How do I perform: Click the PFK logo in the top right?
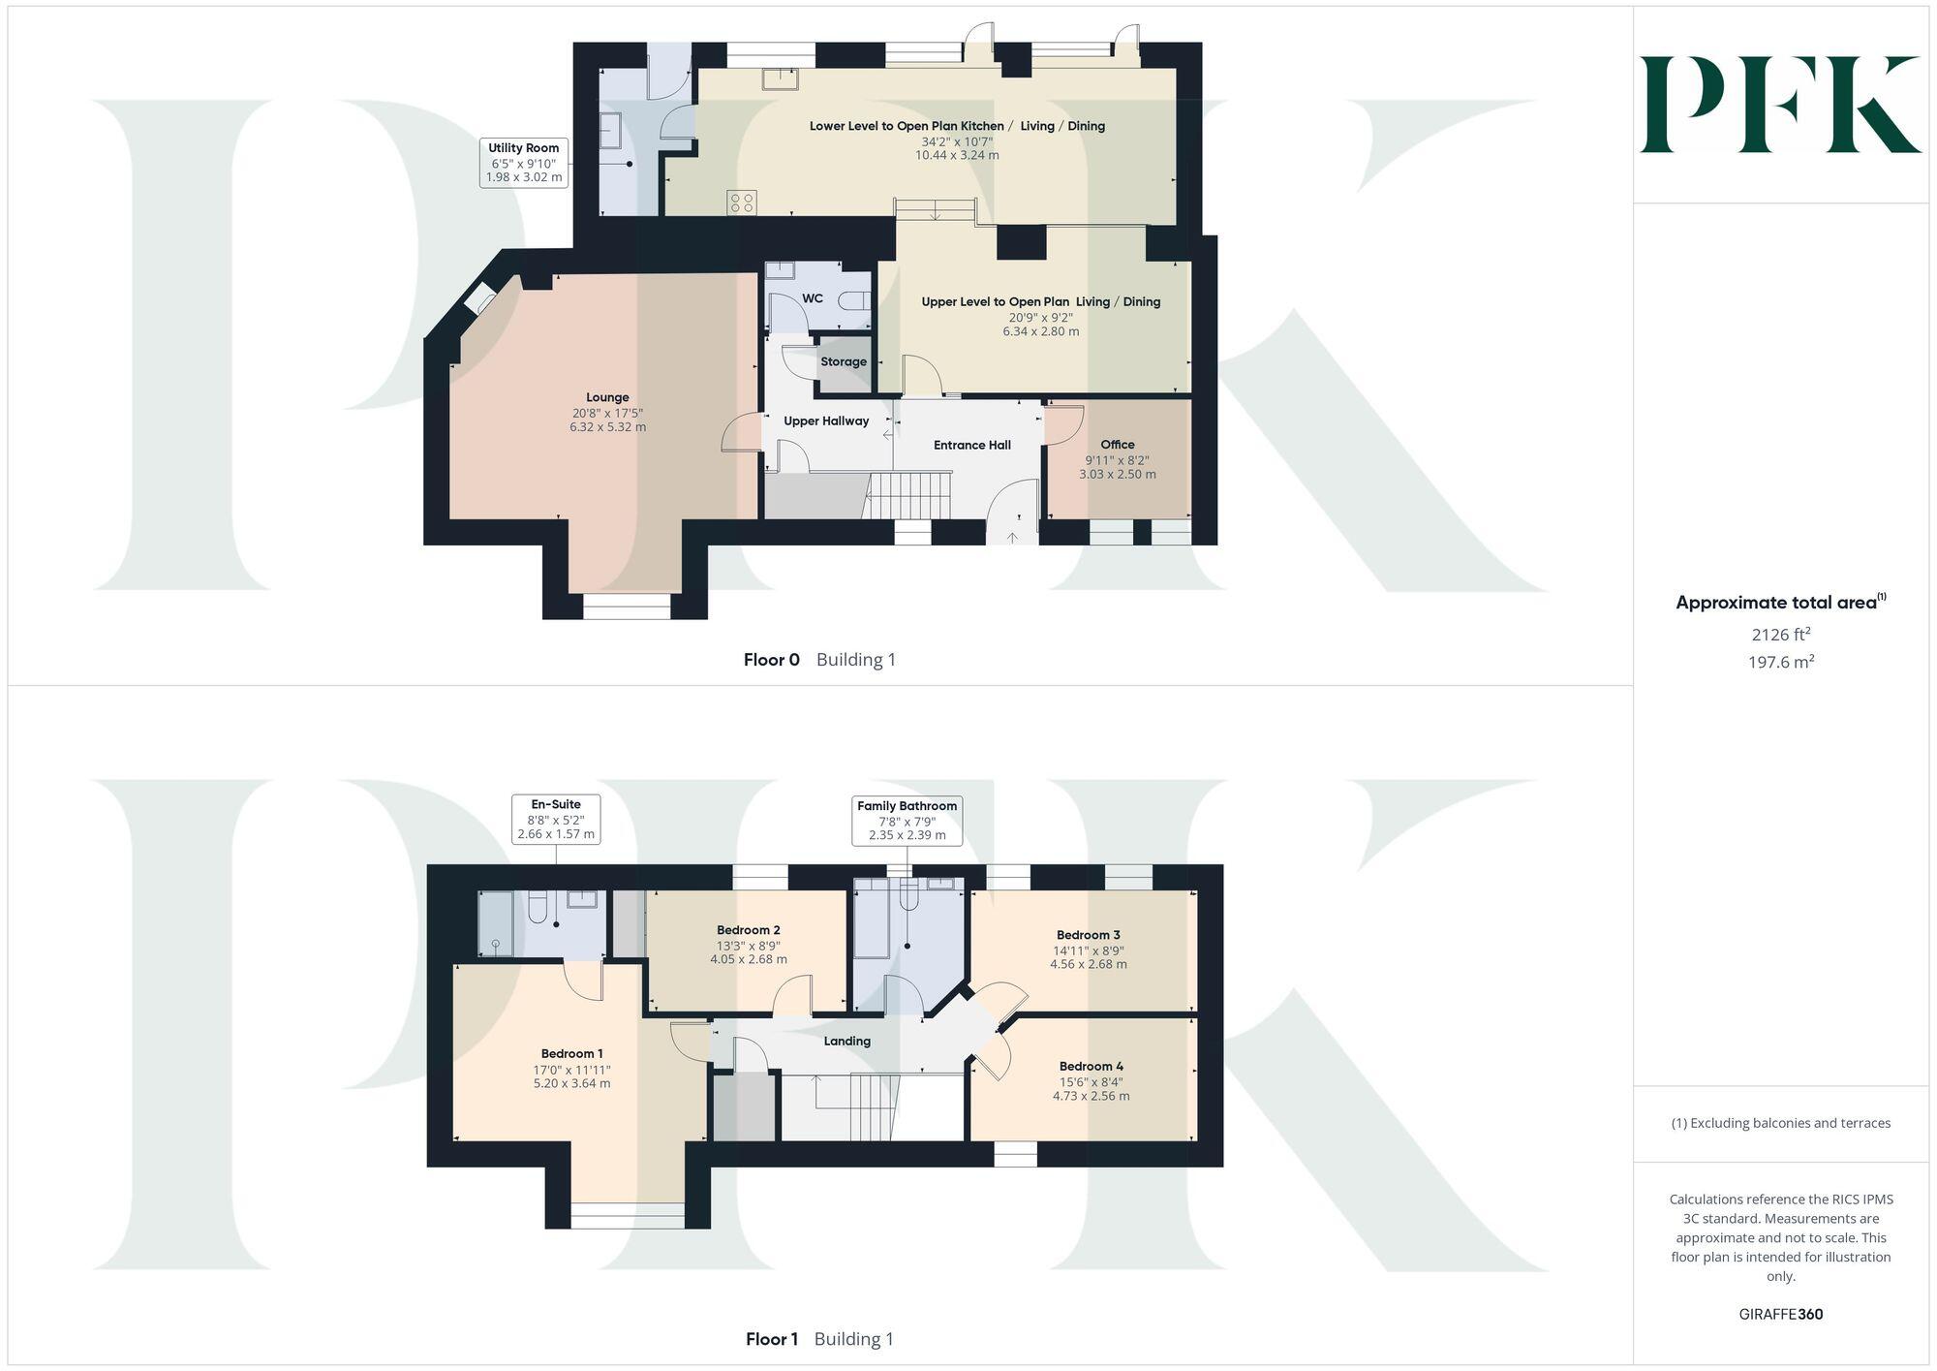[1780, 105]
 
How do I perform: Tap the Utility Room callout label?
[524, 162]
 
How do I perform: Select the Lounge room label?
[607, 397]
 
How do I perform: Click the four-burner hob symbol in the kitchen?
[743, 203]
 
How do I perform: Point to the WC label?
[813, 298]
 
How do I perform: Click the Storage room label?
[844, 361]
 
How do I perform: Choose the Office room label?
[1117, 445]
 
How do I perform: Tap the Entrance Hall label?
[971, 446]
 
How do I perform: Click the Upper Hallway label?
[826, 421]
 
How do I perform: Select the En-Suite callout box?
[556, 819]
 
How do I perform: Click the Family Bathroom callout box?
[907, 820]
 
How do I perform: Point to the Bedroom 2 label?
[748, 930]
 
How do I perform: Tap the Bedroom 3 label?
[1089, 935]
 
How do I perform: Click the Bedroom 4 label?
[1091, 1066]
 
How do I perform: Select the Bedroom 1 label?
[571, 1053]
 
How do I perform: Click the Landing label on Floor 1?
[846, 1042]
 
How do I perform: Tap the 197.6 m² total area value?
[1780, 663]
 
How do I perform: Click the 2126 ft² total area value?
[1780, 635]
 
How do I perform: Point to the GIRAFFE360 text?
[1780, 1315]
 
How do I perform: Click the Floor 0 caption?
[772, 660]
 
